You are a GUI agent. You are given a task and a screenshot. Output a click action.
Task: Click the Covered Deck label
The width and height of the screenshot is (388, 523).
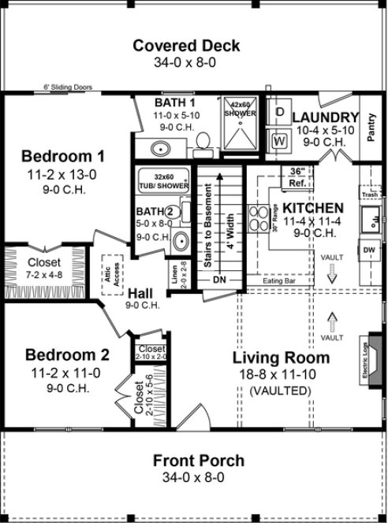[x=186, y=46]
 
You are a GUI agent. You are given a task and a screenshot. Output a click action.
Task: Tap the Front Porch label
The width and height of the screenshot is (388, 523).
[x=198, y=461]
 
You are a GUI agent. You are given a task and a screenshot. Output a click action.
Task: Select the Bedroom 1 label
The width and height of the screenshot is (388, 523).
[x=62, y=154]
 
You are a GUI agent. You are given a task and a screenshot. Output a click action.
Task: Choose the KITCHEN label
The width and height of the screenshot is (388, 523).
[x=313, y=207]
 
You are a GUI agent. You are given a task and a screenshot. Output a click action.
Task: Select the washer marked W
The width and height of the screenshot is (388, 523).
[x=278, y=141]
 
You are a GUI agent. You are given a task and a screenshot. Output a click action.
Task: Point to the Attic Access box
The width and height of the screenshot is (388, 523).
[x=109, y=272]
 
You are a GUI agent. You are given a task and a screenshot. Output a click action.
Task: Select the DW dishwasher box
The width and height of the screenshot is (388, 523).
[x=369, y=250]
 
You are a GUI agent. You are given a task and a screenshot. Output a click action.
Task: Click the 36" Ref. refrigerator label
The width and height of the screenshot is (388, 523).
[x=297, y=176]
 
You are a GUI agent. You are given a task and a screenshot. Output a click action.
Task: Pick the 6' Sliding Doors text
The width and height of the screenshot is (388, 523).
[x=68, y=89]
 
